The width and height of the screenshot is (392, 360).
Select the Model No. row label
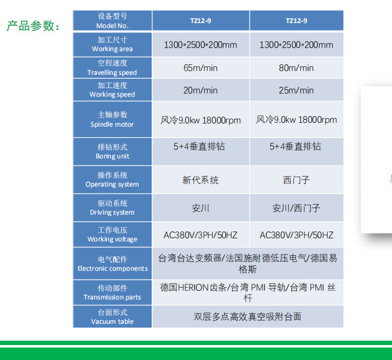point(112,21)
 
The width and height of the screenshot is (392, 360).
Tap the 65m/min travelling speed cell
point(200,68)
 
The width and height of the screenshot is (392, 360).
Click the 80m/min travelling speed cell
point(296,68)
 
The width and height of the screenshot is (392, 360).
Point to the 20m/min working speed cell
point(200,90)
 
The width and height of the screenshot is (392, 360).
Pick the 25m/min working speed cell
point(296,90)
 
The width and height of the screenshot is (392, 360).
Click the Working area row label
point(112,44)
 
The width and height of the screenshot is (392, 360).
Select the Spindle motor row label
point(112,119)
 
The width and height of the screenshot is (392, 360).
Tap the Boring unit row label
point(112,152)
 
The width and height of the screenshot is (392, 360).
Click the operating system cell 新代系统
point(200,180)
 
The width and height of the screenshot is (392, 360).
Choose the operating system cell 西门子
point(296,180)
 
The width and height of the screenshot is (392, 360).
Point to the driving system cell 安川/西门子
point(296,208)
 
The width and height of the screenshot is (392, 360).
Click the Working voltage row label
point(112,235)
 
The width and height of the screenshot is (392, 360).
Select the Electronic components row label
point(112,264)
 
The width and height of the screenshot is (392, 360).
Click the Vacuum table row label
point(112,316)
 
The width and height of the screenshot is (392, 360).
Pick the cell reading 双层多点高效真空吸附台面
point(248,316)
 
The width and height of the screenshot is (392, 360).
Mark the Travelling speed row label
point(112,68)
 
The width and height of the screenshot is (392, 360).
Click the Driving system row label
point(112,208)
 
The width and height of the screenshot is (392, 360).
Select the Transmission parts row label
point(112,293)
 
